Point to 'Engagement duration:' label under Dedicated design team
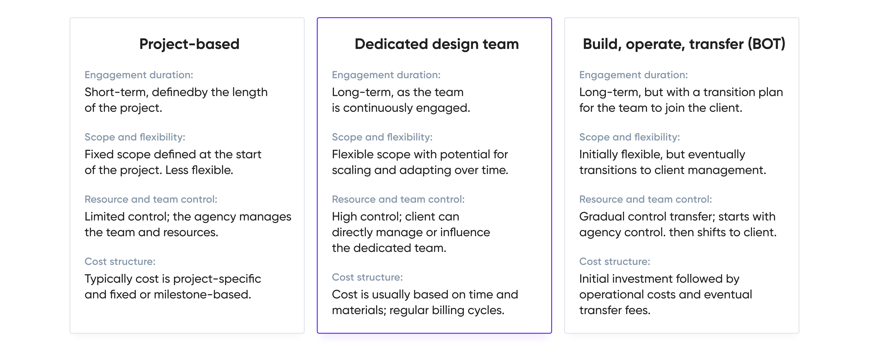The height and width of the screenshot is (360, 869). (x=386, y=75)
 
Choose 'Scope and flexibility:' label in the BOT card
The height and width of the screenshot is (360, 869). (x=629, y=137)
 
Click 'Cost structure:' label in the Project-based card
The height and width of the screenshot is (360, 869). (x=120, y=262)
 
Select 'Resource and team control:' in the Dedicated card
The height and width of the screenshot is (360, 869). (x=398, y=199)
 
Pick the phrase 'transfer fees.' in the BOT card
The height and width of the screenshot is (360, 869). (x=615, y=310)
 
